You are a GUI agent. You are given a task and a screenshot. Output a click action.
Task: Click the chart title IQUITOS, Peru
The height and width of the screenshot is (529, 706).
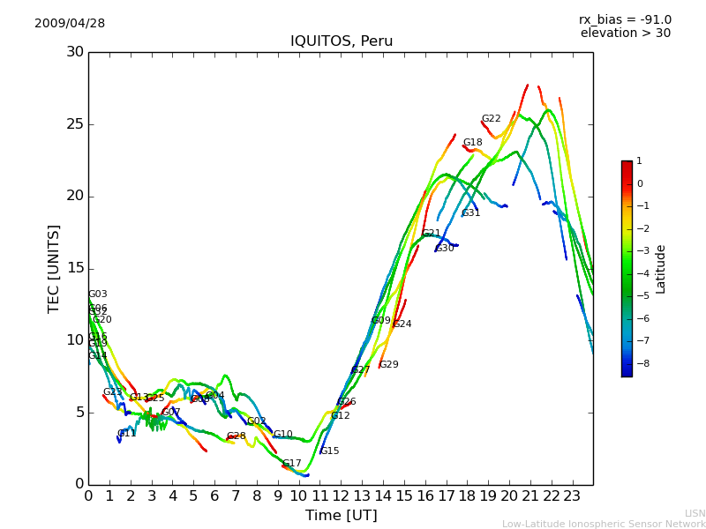click(x=342, y=41)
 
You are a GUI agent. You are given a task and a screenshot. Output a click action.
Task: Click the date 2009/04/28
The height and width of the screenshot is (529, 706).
click(x=70, y=23)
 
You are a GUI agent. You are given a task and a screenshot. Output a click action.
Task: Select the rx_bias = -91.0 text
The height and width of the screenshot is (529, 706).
click(x=625, y=19)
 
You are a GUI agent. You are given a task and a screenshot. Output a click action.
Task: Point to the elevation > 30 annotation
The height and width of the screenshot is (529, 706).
click(x=625, y=34)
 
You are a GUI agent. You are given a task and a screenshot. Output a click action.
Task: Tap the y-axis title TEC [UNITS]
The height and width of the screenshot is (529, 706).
click(x=55, y=268)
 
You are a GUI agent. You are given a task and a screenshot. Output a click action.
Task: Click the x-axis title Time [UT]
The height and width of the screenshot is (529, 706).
click(x=341, y=515)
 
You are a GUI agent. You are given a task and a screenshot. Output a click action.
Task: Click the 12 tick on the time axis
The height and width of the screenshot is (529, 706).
click(x=341, y=495)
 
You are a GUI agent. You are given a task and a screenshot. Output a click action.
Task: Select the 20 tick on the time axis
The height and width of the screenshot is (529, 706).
click(x=509, y=495)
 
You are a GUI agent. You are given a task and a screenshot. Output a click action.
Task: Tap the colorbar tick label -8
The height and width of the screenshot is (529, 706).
click(x=639, y=362)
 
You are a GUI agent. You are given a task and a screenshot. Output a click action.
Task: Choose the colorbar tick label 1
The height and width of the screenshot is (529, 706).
click(x=639, y=161)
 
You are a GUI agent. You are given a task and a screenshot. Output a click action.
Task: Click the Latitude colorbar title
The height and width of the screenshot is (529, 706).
click(x=661, y=269)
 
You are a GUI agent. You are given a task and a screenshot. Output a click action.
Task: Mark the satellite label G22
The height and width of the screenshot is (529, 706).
click(x=491, y=119)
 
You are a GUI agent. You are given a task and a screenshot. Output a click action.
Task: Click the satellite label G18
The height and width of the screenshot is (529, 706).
click(x=473, y=143)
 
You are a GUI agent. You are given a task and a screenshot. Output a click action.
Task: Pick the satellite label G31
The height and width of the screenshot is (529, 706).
click(x=470, y=213)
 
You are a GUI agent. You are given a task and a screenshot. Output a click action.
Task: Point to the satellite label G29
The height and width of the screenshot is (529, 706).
click(x=388, y=365)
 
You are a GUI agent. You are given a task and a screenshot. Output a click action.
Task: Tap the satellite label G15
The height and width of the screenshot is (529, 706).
click(x=329, y=451)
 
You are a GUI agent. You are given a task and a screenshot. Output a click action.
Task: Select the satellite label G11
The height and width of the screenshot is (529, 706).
click(x=126, y=434)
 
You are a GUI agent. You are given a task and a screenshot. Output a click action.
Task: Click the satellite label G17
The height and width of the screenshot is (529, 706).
click(x=291, y=464)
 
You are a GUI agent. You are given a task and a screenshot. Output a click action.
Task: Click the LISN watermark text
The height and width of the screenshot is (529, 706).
click(x=695, y=513)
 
